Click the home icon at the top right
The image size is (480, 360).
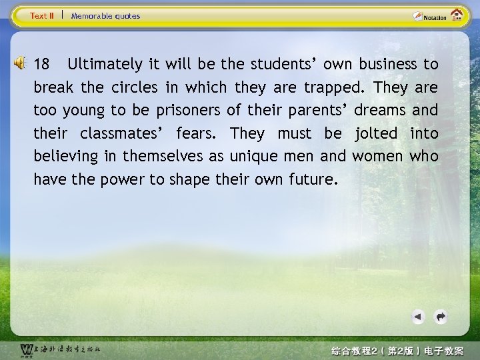click(457, 15)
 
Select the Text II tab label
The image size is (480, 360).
click(43, 16)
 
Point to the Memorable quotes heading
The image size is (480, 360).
click(105, 16)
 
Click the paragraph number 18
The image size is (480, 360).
click(41, 65)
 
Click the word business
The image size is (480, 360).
click(387, 65)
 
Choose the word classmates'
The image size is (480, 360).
click(123, 133)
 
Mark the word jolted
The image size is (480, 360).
click(377, 133)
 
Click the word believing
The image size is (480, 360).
click(66, 157)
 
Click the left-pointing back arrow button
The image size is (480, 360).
click(418, 317)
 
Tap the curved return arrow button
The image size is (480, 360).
click(440, 317)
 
